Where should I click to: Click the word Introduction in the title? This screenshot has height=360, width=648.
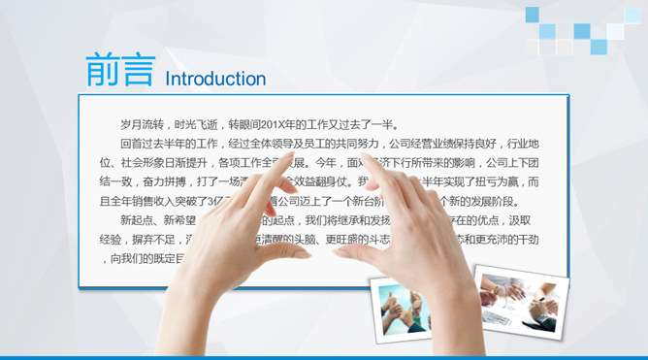point(215,79)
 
